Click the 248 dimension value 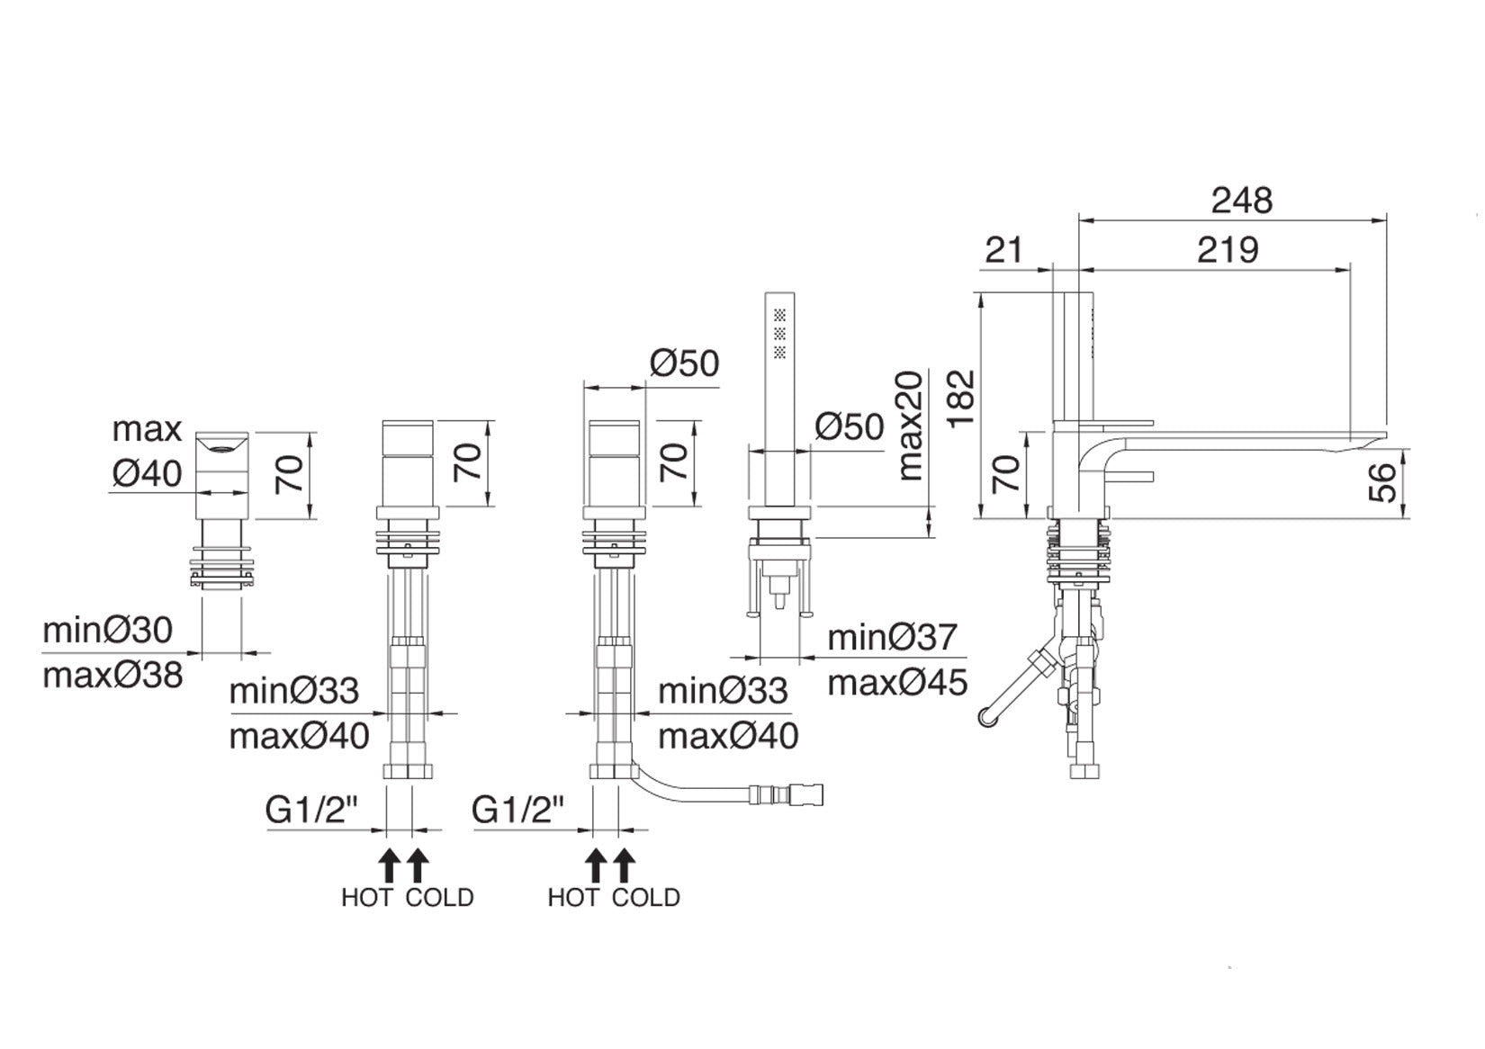coord(1241,200)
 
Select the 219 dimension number coord(1227,250)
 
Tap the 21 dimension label coord(1003,250)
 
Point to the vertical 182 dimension coord(962,399)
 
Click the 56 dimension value coord(1382,482)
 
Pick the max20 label coord(910,426)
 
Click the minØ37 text coord(892,638)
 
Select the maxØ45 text coord(897,683)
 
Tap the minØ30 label coord(107,630)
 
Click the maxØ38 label coord(112,676)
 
